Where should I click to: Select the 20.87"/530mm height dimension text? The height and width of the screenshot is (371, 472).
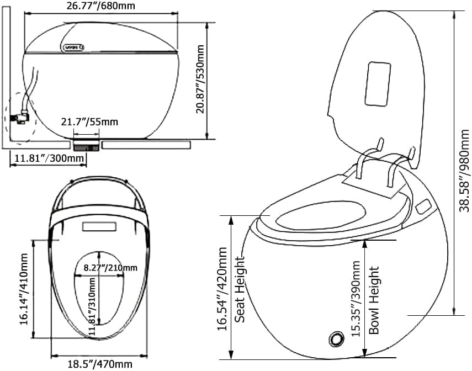click(201, 79)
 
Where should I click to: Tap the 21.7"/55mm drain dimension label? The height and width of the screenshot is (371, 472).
click(93, 121)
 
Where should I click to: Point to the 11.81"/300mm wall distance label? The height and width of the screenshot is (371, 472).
click(49, 159)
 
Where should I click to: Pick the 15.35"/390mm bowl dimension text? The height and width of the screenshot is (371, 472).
click(357, 298)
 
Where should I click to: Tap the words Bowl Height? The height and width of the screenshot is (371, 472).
click(375, 300)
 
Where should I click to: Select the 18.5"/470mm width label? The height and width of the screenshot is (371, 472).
click(100, 364)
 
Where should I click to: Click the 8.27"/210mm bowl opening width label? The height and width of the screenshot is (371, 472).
click(110, 268)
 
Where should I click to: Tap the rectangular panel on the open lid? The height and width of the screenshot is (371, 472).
click(378, 83)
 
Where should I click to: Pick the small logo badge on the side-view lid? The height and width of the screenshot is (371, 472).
click(73, 46)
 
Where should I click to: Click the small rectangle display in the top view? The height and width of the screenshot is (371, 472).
click(99, 226)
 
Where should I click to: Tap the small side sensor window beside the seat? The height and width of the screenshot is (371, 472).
click(425, 206)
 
